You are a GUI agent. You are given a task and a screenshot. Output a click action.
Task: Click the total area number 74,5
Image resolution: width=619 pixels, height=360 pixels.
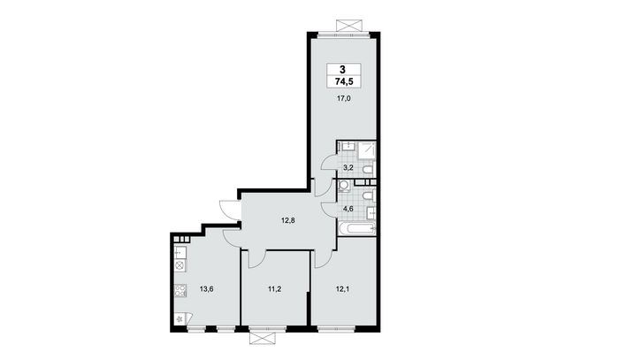click(x=344, y=81)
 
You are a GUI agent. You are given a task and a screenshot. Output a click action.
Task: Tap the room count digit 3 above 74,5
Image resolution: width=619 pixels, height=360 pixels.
click(x=342, y=70)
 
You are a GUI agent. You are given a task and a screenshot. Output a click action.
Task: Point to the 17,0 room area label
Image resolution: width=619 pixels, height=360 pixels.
click(x=343, y=99)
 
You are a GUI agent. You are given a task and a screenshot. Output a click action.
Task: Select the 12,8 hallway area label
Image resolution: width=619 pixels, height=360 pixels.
click(x=287, y=220)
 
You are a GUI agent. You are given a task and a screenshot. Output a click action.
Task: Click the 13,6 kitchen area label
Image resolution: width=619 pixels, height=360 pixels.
click(x=206, y=289)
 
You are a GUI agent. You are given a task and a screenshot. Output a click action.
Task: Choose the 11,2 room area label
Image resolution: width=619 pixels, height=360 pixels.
click(x=274, y=289)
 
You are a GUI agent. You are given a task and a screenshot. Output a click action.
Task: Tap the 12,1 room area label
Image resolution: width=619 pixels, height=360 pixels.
click(x=342, y=289)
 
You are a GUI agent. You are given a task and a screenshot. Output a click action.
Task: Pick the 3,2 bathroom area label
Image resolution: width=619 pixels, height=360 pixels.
click(x=348, y=167)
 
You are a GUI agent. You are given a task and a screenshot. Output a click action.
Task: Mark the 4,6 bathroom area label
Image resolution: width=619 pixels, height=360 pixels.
click(x=348, y=209)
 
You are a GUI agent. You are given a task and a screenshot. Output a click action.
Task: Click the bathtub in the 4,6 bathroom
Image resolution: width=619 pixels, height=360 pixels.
click(x=357, y=228)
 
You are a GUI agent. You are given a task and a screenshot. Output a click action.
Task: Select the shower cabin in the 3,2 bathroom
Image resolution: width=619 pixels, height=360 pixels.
click(x=366, y=150)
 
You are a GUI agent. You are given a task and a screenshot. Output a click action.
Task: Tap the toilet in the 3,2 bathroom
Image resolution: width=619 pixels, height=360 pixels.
click(x=368, y=170)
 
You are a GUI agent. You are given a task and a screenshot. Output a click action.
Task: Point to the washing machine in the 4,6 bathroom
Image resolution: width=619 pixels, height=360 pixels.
click(x=344, y=186)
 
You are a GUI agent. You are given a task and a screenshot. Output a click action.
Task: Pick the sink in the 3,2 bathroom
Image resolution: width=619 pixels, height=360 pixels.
click(x=348, y=147)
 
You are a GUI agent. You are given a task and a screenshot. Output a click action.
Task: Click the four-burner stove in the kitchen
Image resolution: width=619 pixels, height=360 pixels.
click(x=180, y=290)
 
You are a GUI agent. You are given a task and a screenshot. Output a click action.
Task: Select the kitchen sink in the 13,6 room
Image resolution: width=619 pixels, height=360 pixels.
click(x=180, y=251)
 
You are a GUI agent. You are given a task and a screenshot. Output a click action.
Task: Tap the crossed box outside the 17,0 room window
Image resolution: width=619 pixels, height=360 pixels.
click(x=349, y=26)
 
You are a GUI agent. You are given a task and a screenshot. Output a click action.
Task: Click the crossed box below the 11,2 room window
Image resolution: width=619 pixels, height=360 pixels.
click(x=262, y=338)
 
